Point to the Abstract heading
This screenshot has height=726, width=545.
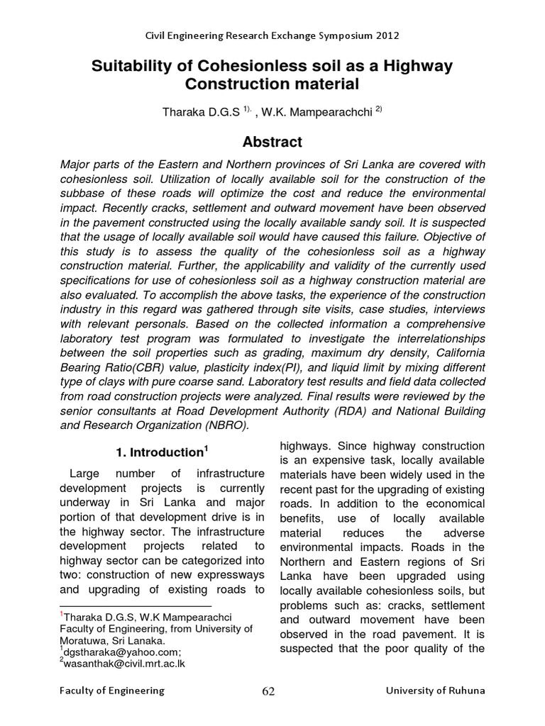tap(272, 142)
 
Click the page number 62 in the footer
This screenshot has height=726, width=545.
tap(272, 691)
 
